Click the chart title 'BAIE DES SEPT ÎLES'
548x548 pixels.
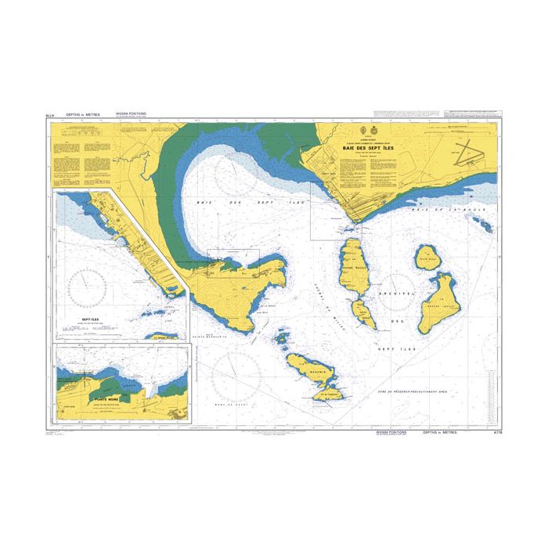pos(369,146)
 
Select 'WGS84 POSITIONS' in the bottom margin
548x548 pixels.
pos(391,432)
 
